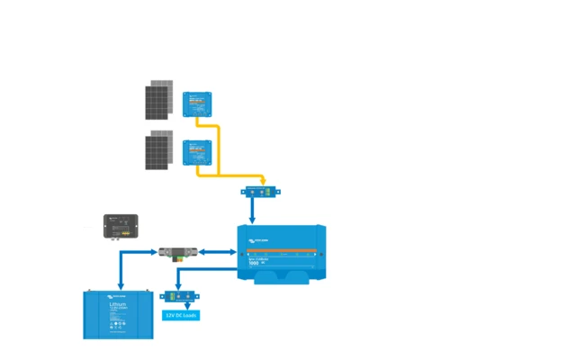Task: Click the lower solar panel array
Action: coord(159,149)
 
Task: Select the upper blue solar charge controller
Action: coord(196,103)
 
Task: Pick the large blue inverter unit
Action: coord(281,254)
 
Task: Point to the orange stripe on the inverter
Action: coord(281,249)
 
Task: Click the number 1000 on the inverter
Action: coord(254,264)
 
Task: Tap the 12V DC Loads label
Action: coord(181,316)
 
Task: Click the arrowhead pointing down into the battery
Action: coord(120,285)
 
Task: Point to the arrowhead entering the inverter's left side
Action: coord(233,253)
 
